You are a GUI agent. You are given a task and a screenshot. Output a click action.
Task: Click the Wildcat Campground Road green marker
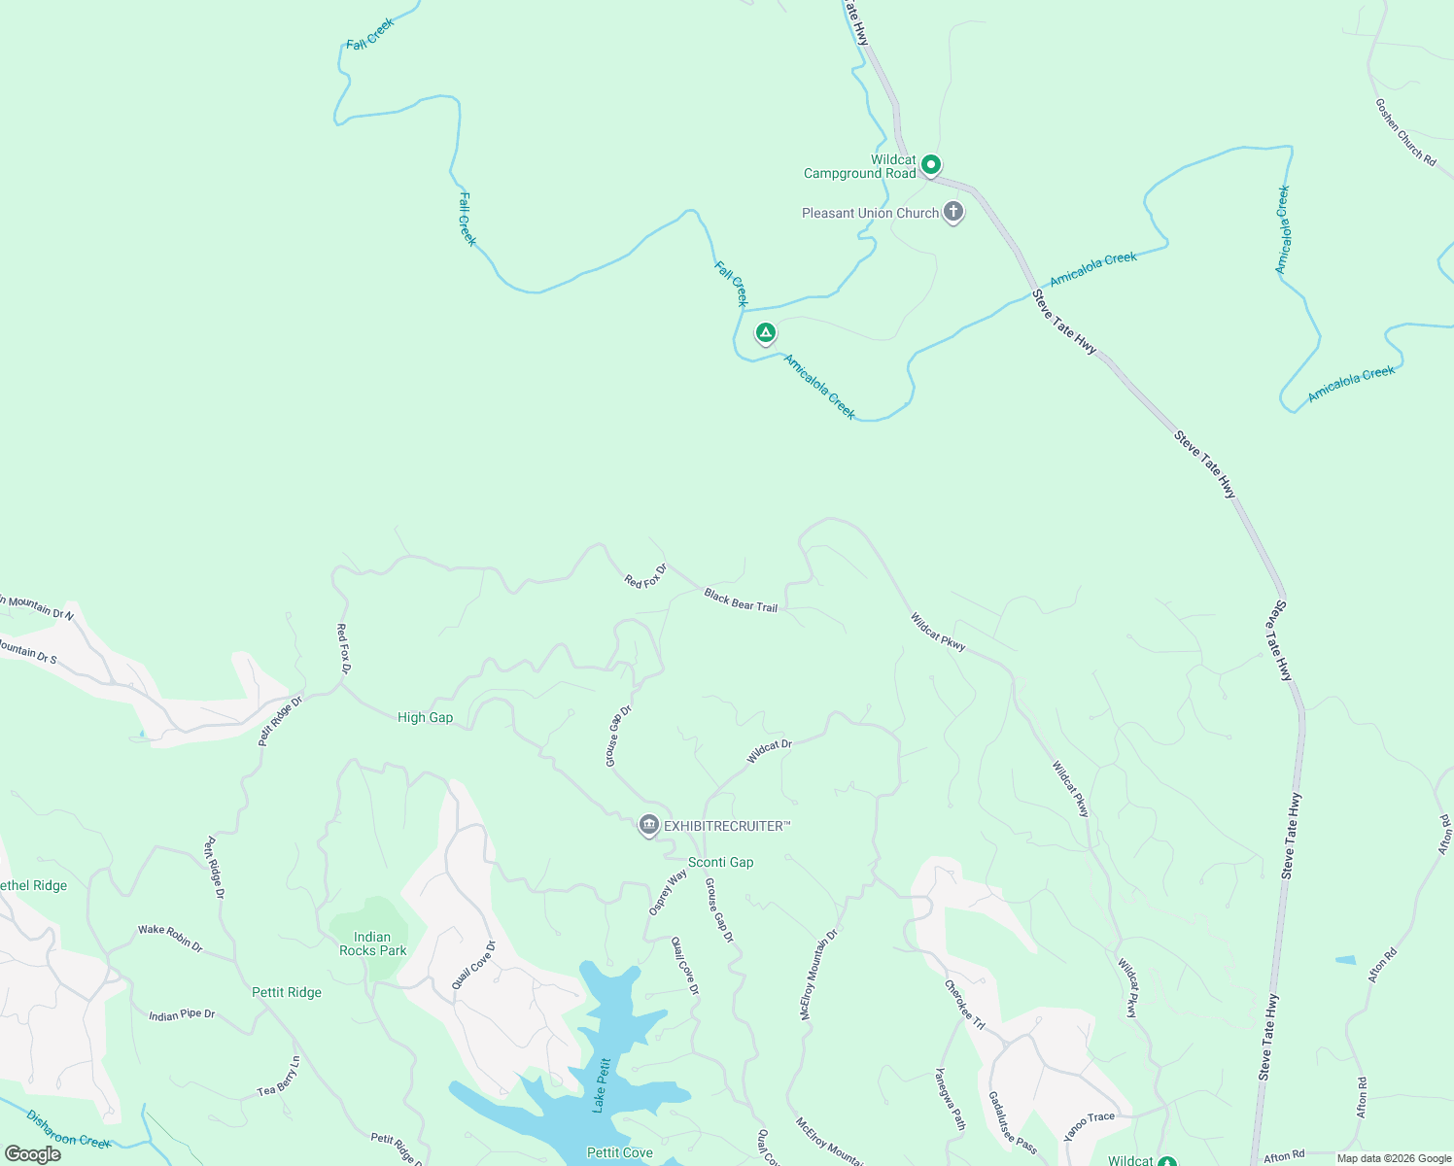(x=930, y=165)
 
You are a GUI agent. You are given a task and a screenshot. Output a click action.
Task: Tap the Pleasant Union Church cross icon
(x=953, y=212)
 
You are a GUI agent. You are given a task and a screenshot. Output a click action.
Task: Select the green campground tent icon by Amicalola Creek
(x=766, y=333)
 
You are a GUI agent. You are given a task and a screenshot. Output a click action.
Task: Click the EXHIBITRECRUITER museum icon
(x=648, y=825)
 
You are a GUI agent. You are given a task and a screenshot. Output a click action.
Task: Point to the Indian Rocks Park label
(x=372, y=943)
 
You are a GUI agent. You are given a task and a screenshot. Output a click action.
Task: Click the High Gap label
(x=425, y=717)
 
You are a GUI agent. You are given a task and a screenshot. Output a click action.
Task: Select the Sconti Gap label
(x=720, y=862)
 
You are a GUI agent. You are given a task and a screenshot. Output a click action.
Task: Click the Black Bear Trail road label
(x=741, y=600)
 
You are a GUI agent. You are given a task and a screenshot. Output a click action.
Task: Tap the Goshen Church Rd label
(x=1404, y=132)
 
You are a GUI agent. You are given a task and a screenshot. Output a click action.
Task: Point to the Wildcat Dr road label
(x=769, y=751)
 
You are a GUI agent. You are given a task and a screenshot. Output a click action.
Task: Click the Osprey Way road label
(x=668, y=892)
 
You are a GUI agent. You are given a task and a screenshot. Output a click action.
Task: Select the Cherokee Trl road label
(x=964, y=1004)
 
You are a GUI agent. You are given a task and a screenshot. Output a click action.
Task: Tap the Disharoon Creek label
(x=68, y=1129)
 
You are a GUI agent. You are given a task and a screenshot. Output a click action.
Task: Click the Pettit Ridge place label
(x=286, y=992)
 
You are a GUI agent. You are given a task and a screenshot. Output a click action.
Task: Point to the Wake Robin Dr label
(x=170, y=937)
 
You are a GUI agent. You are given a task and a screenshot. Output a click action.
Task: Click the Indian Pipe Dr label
(x=182, y=1015)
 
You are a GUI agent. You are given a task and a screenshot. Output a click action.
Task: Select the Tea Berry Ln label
(x=279, y=1077)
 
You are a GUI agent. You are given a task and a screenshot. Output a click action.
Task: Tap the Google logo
(x=32, y=1154)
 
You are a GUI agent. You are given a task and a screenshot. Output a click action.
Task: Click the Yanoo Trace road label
(x=1089, y=1125)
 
